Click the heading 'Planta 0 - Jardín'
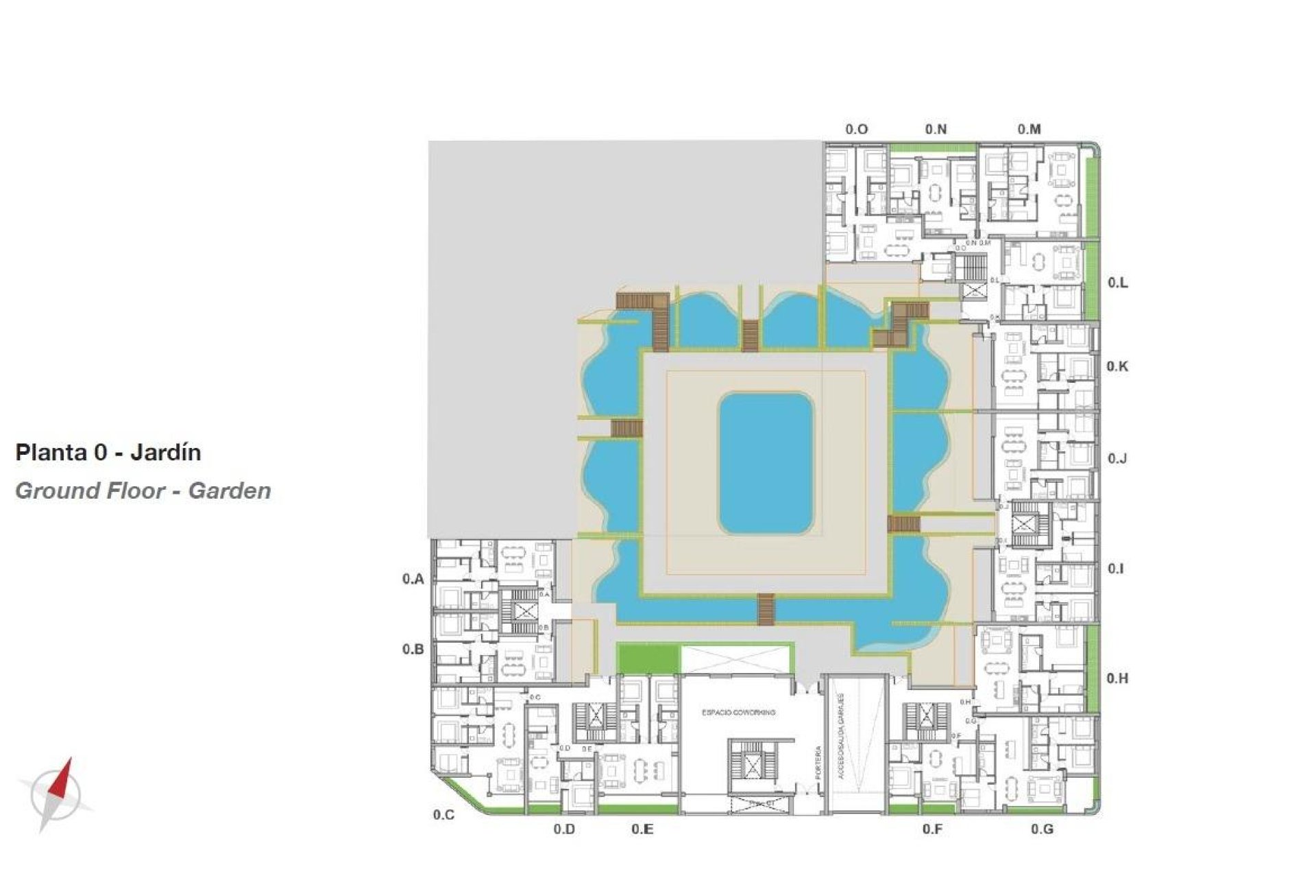108,453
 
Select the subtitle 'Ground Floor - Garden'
143,491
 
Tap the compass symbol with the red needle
56,795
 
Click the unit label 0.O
856,129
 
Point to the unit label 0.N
936,129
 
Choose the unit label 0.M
1029,129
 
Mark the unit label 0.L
1118,283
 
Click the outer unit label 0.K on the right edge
1117,366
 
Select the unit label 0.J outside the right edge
1117,458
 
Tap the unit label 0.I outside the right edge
1116,569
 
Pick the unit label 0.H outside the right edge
1117,678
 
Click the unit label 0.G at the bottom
1042,829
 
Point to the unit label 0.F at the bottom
932,829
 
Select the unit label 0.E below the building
642,829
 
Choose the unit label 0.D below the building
564,829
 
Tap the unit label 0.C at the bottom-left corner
443,815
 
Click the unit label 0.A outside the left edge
413,579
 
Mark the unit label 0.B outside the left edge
413,649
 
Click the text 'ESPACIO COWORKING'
738,713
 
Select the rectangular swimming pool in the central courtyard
766,464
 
